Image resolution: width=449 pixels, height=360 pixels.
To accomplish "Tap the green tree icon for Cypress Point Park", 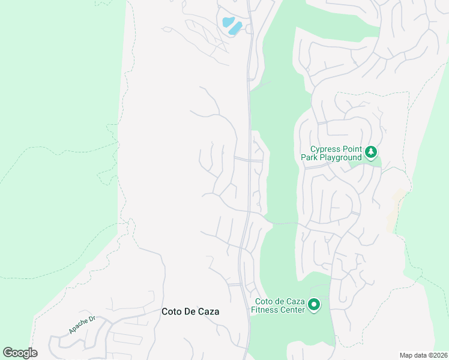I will pos(372,152).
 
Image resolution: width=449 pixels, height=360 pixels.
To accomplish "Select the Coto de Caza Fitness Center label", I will pos(280,305).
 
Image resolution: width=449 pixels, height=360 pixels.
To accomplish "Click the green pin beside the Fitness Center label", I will pos(313,306).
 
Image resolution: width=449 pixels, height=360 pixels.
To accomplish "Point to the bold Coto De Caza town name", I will pos(190,311).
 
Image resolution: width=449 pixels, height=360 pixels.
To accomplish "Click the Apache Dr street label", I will pos(82,325).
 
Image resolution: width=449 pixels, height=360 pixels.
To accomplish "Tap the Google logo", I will pos(20,353).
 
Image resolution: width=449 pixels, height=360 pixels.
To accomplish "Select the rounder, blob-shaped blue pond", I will pos(228,22).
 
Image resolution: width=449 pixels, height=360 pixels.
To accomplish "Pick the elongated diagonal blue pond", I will pos(235,28).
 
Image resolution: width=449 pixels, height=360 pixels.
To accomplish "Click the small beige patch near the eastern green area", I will pos(396,207).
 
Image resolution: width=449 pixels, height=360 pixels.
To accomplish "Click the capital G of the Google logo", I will pos(8,352).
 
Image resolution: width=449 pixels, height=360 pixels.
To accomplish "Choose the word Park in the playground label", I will pos(310,157).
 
